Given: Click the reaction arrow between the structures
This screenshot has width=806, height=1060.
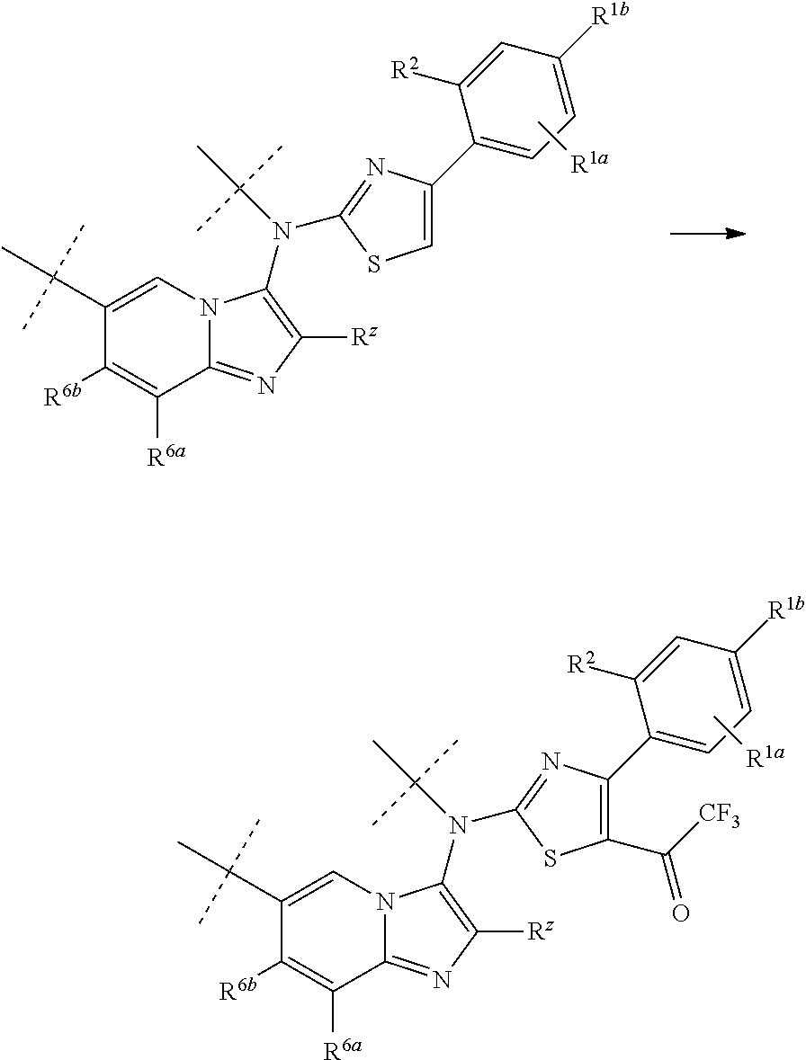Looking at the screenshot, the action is [709, 234].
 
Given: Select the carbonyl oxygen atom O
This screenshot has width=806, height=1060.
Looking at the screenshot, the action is [680, 915].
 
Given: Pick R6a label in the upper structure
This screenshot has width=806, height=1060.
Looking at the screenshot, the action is [166, 456].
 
